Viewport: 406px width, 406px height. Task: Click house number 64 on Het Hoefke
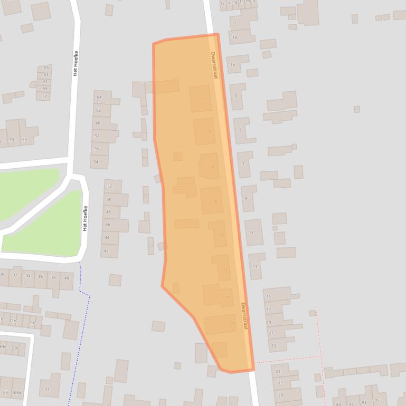pos(99,98)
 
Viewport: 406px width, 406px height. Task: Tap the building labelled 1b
pos(233,65)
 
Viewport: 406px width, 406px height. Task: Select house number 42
pos(106,251)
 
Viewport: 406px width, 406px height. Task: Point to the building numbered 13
pos(255,267)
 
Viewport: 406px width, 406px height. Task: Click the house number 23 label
pos(273,346)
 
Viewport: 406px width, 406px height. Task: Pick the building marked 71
pos(47,390)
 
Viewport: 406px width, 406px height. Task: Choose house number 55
pos(24,140)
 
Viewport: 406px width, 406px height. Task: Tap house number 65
pos(46,67)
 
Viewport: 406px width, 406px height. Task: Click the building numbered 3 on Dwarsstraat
pos(236,96)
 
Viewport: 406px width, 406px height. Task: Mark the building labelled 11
pos(251,233)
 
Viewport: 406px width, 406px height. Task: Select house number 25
pos(278,372)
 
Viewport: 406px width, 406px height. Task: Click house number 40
pos(67,278)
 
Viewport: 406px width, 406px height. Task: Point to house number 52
pos(109,186)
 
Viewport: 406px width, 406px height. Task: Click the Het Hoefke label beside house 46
pos(84,218)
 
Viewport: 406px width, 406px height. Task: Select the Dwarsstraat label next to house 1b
pos(214,65)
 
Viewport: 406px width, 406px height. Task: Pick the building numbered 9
pos(246,198)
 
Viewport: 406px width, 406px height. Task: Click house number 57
pos(45,96)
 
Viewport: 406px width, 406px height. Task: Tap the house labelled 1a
pos(235,37)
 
